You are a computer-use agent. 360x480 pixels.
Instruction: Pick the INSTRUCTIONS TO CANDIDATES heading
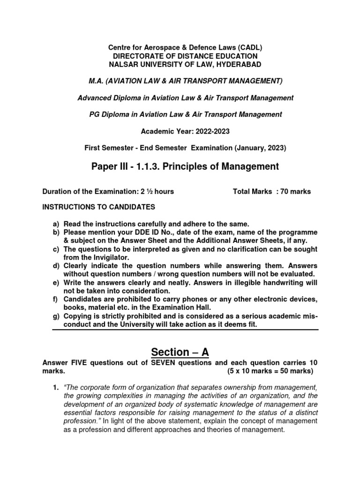click(x=98, y=207)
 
